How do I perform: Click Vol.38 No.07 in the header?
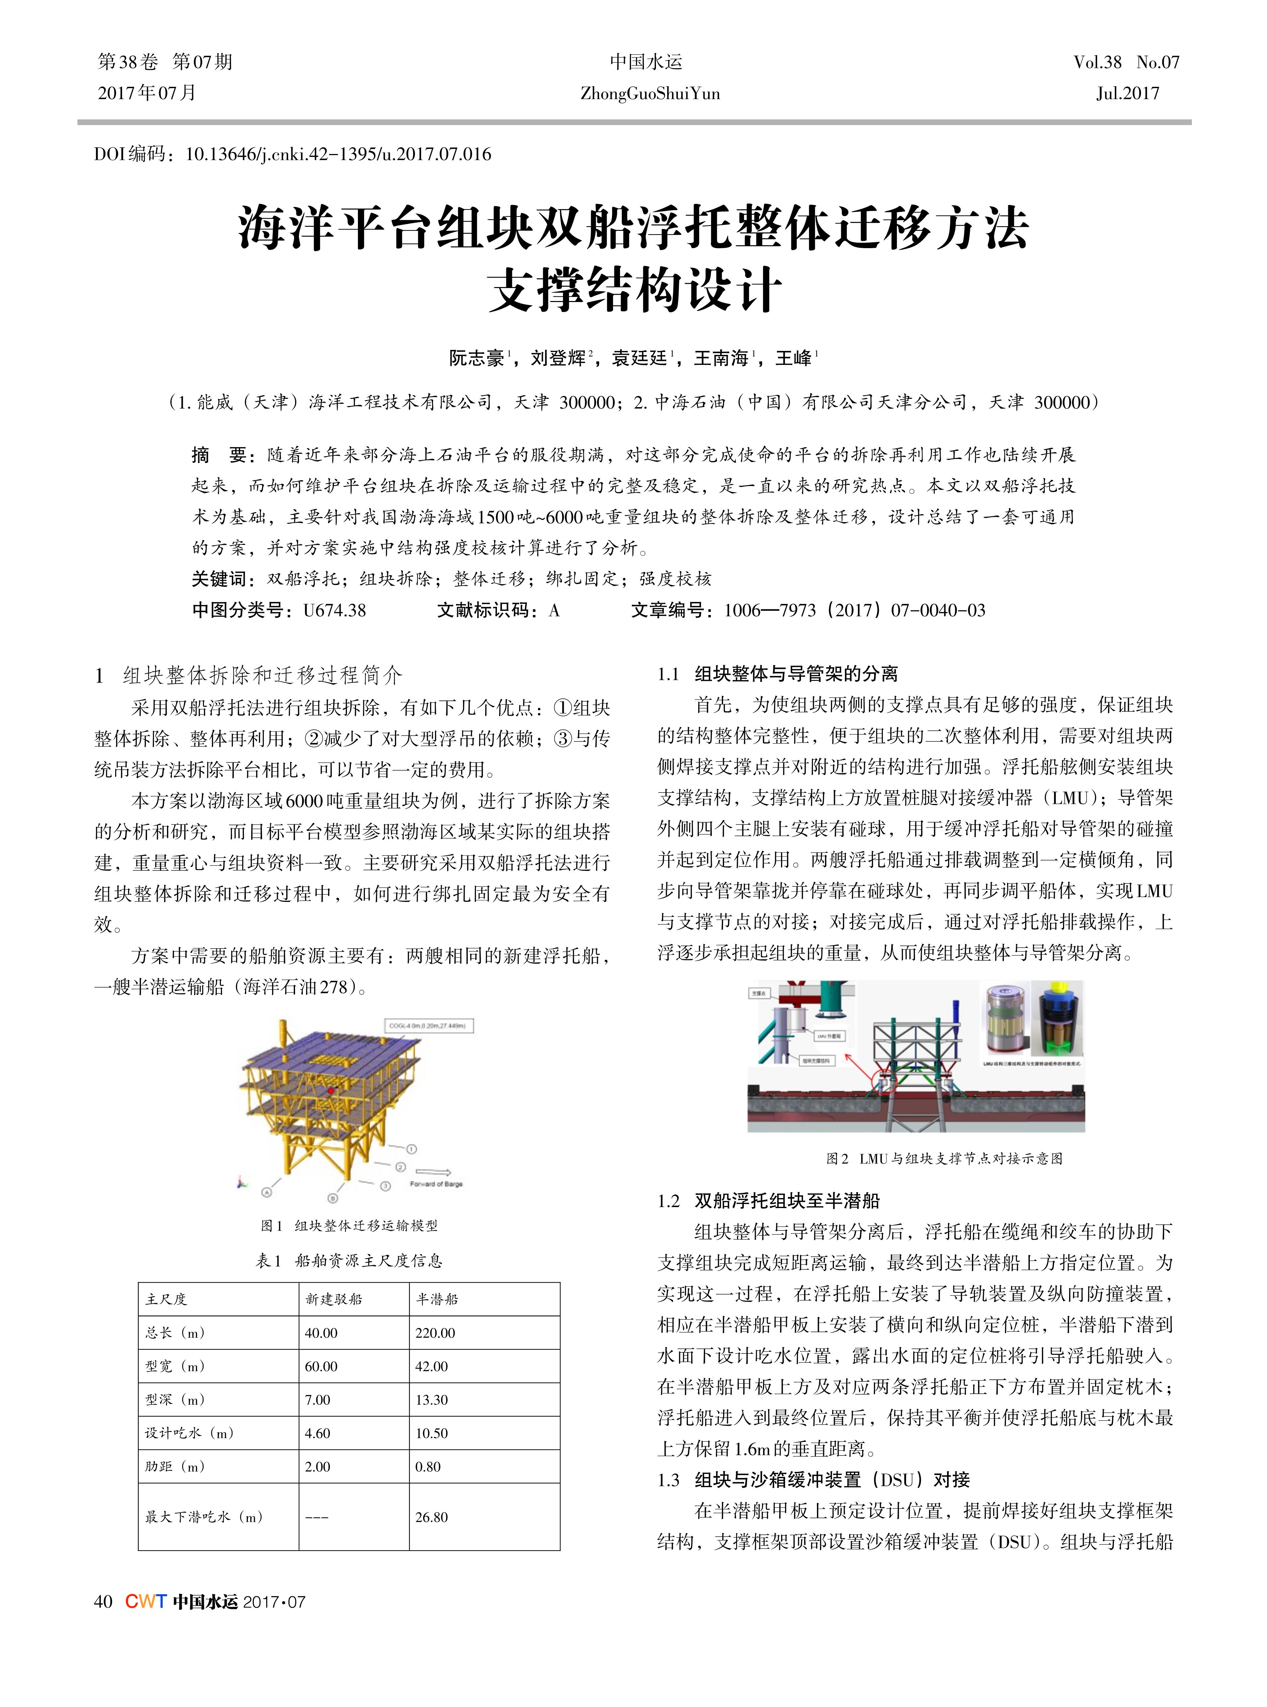coord(1126,62)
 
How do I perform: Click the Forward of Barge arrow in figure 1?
coord(434,1172)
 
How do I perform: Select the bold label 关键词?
coord(219,579)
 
